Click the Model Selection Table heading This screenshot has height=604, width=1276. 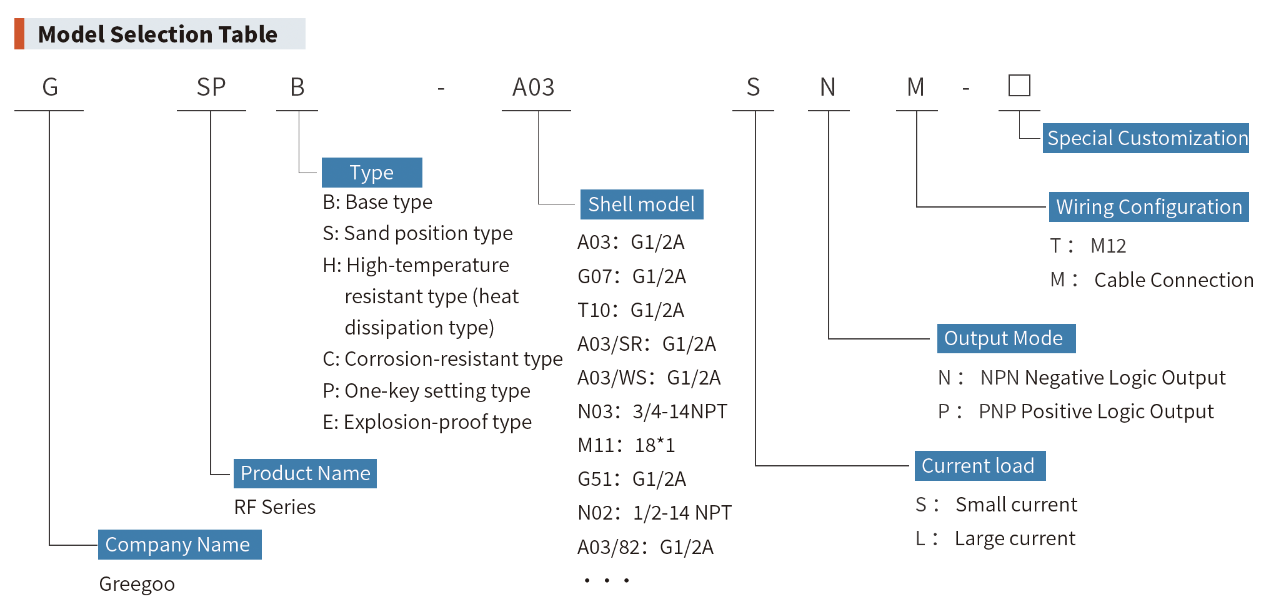157,34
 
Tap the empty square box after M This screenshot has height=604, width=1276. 1019,86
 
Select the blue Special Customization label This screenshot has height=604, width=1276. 1146,138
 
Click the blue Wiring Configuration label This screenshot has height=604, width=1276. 1149,207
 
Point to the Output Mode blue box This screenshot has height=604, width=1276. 1005,338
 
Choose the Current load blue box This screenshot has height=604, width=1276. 979,466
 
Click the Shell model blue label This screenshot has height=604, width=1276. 641,204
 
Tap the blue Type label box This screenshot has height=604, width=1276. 372,173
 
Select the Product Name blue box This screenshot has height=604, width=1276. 305,473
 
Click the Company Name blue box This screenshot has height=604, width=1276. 179,545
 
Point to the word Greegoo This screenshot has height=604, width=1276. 137,584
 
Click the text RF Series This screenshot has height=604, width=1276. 275,507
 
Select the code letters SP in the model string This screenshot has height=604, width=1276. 211,88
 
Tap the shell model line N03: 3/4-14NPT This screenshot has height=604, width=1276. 652,411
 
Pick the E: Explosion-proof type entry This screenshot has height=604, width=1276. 427,422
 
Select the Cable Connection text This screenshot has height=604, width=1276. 1174,280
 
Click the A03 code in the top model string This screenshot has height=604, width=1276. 534,88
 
